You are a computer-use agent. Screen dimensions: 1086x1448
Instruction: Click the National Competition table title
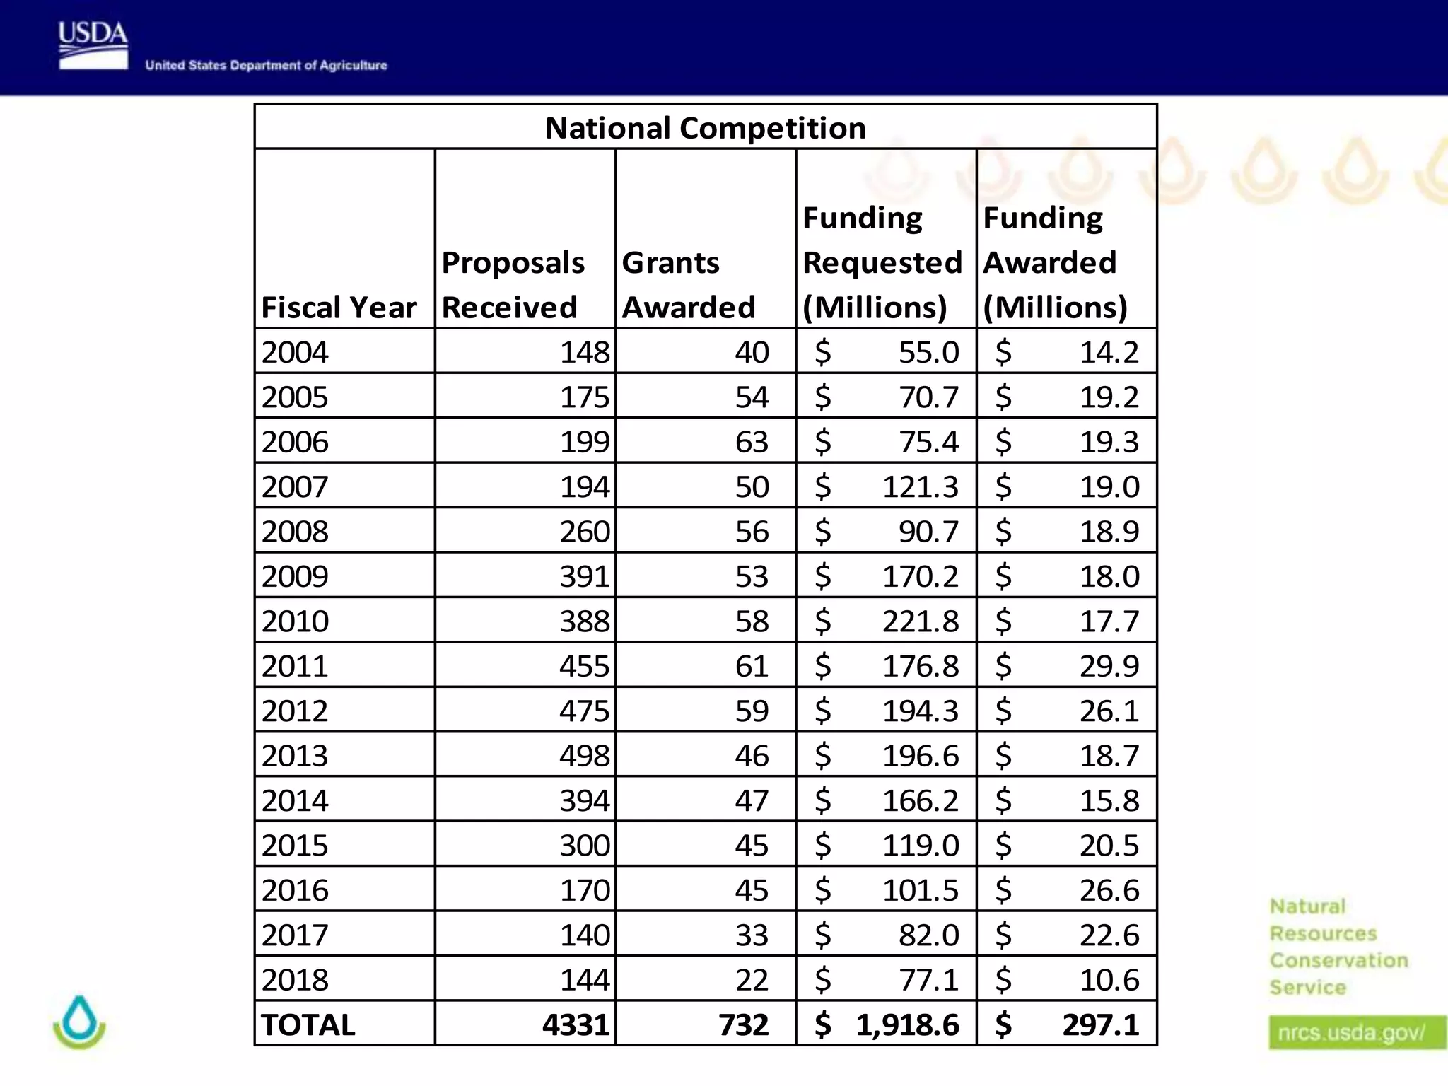pos(705,128)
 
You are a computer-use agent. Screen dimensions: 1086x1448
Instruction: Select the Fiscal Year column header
pos(339,308)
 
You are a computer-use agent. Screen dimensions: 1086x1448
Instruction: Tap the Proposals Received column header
pos(513,285)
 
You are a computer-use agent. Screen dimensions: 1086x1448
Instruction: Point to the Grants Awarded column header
pos(689,285)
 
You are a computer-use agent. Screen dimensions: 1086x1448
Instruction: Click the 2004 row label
pos(295,352)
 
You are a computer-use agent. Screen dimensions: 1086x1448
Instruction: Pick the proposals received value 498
pos(584,756)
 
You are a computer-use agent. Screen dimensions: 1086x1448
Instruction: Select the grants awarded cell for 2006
pos(751,442)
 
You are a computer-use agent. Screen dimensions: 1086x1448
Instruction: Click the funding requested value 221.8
pos(920,621)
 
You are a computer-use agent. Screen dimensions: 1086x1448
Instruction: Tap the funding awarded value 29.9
pos(1109,666)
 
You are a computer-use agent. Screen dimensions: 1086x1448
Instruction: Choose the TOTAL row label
pos(308,1024)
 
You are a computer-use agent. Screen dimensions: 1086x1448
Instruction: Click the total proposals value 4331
pos(576,1024)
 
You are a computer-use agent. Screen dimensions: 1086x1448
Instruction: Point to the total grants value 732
pos(743,1024)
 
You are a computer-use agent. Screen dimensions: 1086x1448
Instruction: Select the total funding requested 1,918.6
pos(907,1024)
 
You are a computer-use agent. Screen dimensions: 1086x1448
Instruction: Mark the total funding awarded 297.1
pos(1100,1024)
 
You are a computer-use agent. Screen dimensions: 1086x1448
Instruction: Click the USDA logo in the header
pos(93,45)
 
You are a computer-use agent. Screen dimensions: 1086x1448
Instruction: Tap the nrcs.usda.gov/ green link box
pos(1352,1033)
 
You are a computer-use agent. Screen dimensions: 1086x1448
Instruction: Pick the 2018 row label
pos(295,980)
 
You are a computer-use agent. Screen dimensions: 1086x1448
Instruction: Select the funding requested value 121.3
pos(920,487)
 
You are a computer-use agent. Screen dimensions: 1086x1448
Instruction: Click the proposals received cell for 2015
pos(584,846)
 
